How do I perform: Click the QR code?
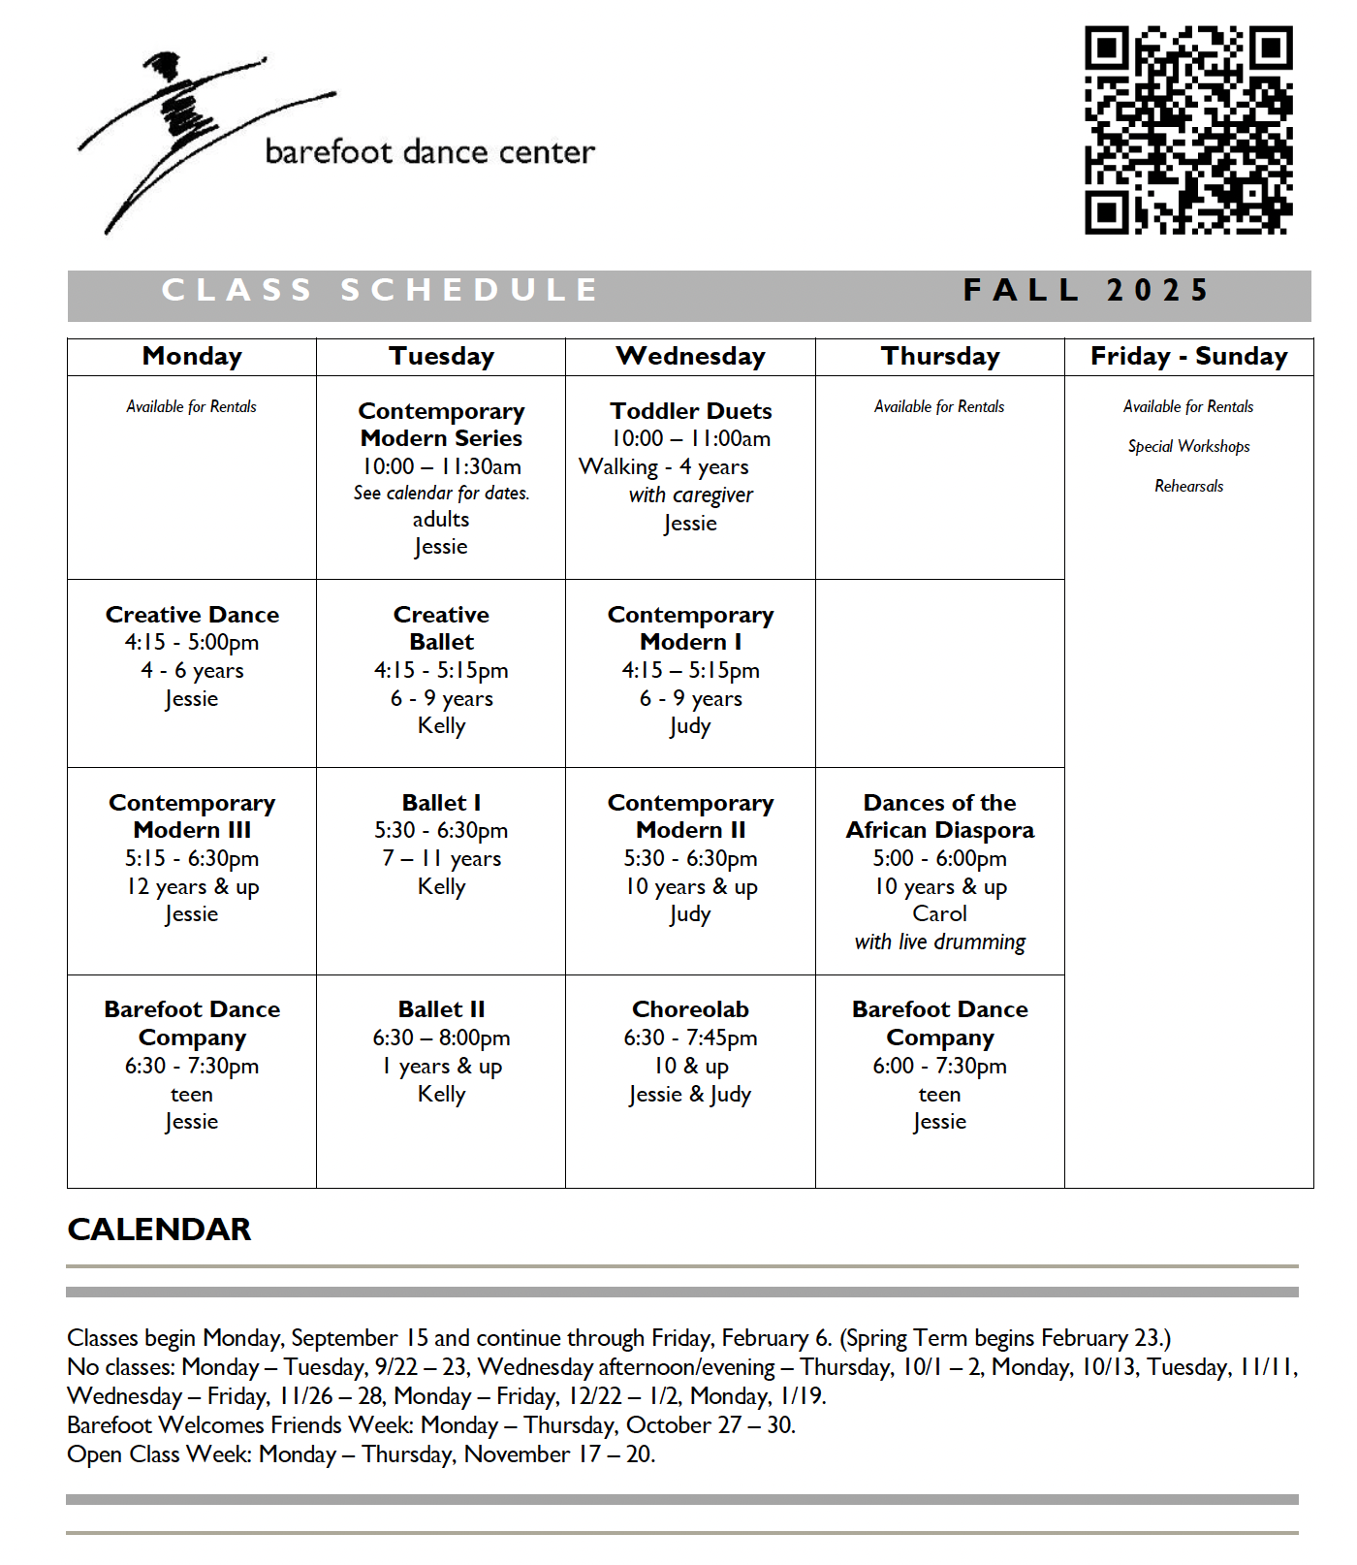point(1188,131)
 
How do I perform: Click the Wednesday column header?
point(690,357)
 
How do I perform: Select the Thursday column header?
point(939,357)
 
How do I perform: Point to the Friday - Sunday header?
point(1188,357)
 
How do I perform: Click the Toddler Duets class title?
point(690,411)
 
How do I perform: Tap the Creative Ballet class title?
point(441,628)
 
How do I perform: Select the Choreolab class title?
point(690,1009)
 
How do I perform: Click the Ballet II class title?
point(441,1009)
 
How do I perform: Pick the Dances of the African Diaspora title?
point(939,816)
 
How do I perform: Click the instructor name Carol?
point(939,913)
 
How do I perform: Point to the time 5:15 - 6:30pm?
point(192,858)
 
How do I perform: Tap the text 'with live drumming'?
point(939,942)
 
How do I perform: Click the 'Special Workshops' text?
point(1188,446)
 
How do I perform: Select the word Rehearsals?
point(1188,486)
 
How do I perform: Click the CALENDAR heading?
point(159,1230)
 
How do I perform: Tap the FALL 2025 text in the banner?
point(1086,290)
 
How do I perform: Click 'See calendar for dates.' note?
point(441,493)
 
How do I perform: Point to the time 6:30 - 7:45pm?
point(690,1038)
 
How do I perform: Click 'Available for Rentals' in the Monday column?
point(192,406)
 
